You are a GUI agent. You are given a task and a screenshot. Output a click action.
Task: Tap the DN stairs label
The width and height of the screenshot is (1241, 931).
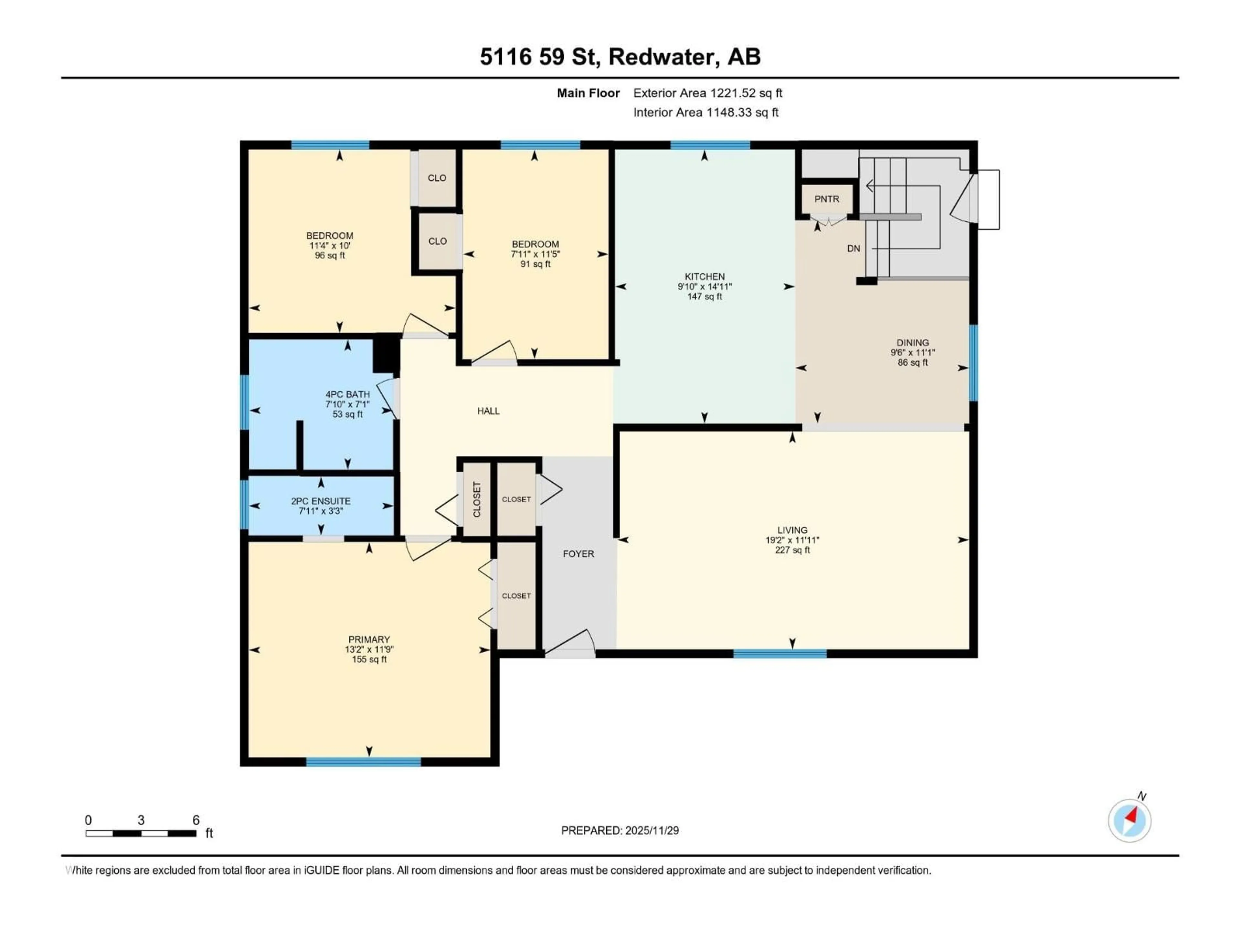click(853, 249)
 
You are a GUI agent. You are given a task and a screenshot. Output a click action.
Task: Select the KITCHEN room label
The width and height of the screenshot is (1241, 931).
click(704, 277)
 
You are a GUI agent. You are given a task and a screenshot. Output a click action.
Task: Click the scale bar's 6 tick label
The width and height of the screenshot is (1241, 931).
click(196, 820)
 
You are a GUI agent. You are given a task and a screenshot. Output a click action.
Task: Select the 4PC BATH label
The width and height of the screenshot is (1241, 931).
click(347, 394)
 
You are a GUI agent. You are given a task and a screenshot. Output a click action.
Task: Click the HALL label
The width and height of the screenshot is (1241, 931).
click(488, 411)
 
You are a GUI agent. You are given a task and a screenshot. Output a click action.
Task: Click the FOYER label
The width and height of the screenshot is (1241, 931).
click(578, 554)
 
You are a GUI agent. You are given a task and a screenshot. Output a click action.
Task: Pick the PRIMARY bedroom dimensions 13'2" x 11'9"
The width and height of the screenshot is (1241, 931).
click(369, 649)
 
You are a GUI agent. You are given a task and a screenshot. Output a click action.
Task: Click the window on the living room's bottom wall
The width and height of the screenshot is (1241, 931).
click(780, 653)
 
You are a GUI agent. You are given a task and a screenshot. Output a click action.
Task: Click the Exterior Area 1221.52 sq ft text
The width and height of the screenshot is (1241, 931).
click(707, 93)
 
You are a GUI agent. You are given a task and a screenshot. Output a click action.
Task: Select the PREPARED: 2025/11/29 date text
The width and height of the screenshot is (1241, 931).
click(620, 830)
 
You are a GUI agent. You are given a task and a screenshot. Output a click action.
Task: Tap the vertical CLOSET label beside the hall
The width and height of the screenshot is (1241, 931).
click(477, 499)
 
